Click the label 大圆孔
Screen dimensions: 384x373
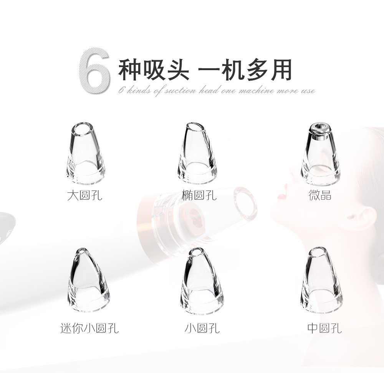(84, 195)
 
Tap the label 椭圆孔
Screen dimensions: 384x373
(199, 195)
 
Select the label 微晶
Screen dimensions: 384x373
(320, 195)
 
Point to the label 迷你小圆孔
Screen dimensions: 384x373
(89, 328)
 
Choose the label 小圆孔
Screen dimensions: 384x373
(202, 328)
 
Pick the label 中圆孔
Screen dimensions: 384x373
(324, 328)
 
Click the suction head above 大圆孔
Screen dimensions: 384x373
(86, 153)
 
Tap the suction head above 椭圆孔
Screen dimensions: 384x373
(197, 153)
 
